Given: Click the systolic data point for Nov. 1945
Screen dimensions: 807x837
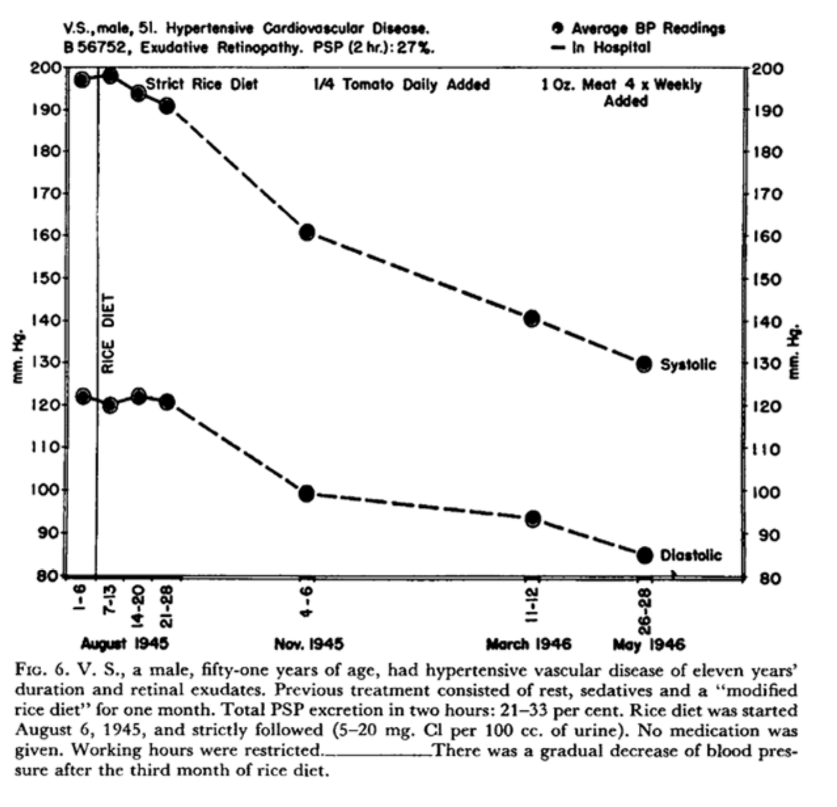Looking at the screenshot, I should click(307, 232).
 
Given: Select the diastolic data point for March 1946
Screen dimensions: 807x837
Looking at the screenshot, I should click(532, 519).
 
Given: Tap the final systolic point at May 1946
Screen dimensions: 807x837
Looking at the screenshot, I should click(644, 363).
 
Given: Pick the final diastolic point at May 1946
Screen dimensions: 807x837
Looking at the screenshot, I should click(644, 555).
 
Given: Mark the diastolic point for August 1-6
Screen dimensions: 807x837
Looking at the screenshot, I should click(83, 396).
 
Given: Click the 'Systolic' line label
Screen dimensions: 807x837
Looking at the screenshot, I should click(688, 364).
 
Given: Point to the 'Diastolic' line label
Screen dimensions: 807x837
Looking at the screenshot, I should click(691, 555).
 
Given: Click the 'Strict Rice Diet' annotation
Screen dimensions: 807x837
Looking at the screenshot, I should click(202, 84).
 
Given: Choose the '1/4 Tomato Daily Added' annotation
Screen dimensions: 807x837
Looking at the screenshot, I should click(402, 85).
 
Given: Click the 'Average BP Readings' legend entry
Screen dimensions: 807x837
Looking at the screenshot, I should click(638, 29).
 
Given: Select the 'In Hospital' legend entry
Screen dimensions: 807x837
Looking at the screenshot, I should click(601, 47).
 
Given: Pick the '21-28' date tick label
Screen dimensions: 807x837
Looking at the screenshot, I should click(167, 604).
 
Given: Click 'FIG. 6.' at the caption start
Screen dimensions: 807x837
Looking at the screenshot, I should click(40, 671).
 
